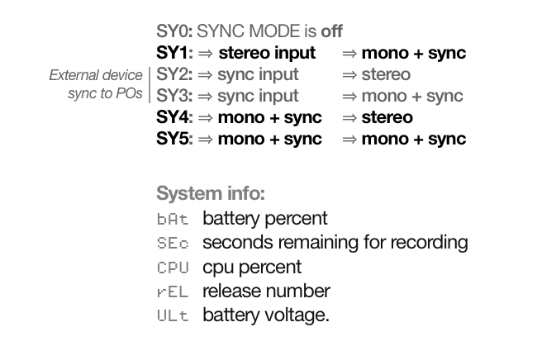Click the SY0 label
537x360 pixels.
click(174, 31)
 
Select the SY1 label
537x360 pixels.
click(174, 53)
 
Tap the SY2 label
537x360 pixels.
click(174, 74)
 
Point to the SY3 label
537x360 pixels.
click(174, 96)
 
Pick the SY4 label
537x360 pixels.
click(174, 117)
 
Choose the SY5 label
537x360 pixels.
click(174, 139)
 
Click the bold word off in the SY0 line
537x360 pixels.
click(332, 31)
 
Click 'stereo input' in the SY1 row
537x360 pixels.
click(267, 53)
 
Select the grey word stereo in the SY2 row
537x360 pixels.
click(386, 74)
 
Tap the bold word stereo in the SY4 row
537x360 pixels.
click(387, 117)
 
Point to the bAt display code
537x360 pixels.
click(173, 220)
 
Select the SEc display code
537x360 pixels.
click(173, 244)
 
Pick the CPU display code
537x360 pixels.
click(173, 268)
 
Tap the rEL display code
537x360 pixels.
click(173, 291)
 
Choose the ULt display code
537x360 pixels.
click(173, 315)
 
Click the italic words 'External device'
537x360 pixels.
click(96, 75)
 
